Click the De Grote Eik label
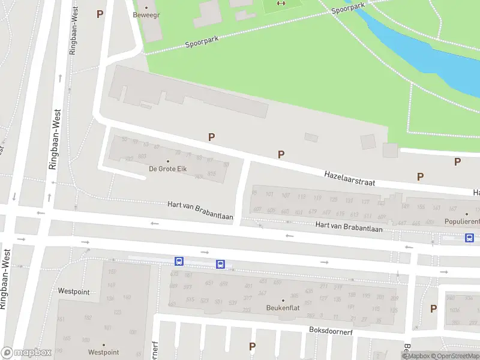pos(168,169)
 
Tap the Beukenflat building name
pos(283,308)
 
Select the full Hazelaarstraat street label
pos(350,177)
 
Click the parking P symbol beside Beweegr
pos(100,14)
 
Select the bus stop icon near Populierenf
pos(469,238)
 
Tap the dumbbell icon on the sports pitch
pos(281,3)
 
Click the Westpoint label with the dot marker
pos(103,352)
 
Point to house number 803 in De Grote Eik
pos(142,156)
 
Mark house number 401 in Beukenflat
pos(248,286)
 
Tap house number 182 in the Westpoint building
pos(88,317)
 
